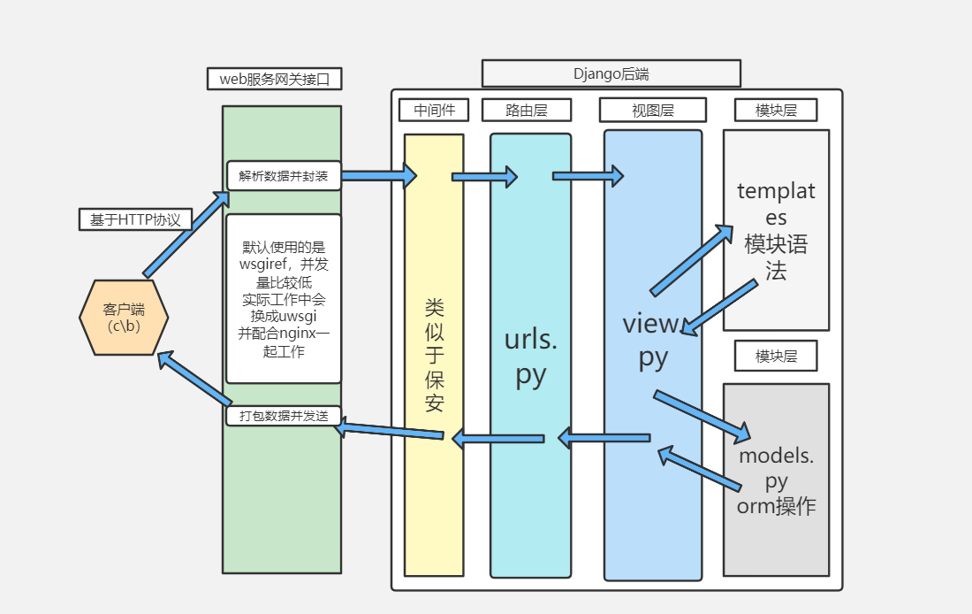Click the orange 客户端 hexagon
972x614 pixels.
124,317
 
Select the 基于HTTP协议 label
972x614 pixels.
135,219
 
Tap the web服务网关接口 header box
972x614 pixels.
274,79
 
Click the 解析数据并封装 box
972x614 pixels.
283,175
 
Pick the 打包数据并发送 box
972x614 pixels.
283,415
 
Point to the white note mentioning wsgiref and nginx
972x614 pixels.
283,298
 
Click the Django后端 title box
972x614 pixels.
611,73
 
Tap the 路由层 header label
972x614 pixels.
526,110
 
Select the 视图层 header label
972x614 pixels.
652,110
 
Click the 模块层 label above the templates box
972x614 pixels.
775,110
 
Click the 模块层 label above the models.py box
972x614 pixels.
775,356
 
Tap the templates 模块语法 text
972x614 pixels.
776,230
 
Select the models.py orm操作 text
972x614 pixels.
776,481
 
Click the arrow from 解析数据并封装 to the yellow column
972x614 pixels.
378,175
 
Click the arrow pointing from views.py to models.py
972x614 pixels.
702,415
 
